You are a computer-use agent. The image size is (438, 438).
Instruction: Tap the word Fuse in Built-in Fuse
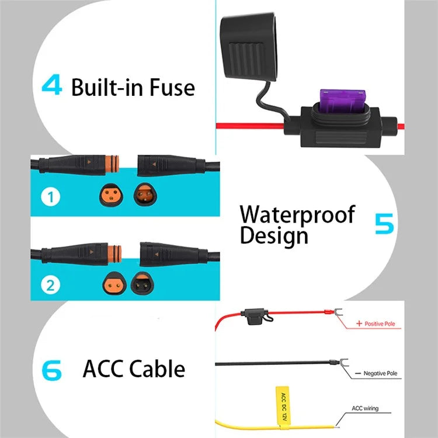coord(171,87)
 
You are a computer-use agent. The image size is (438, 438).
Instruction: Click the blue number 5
coord(384,224)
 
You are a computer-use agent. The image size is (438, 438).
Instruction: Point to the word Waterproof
coord(297,214)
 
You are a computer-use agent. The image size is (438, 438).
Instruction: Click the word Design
coord(273,236)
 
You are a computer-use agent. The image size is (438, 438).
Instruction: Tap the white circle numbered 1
coord(51,198)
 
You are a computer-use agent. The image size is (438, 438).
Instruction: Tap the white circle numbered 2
coord(51,285)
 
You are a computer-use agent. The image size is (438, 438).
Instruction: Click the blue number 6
coord(51,369)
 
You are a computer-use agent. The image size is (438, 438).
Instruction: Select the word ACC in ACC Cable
coord(104,369)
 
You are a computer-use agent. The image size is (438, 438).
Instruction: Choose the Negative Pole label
coord(383,373)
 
